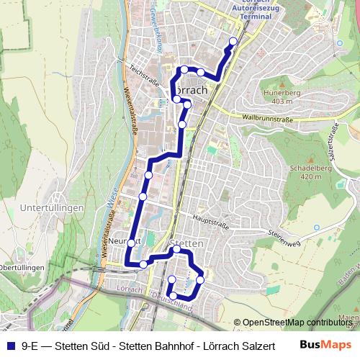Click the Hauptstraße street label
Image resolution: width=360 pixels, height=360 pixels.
click(x=209, y=220)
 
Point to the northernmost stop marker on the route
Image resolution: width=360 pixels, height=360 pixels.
click(x=233, y=41)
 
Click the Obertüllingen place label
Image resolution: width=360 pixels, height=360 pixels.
click(x=22, y=268)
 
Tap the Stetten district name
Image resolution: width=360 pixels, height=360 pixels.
click(x=189, y=244)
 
